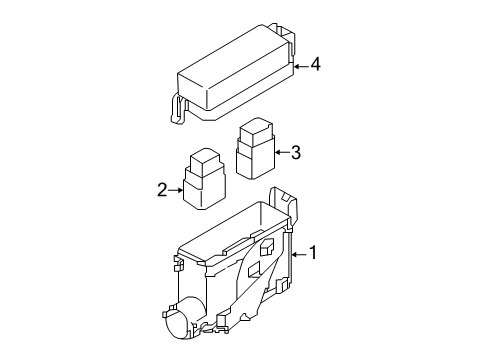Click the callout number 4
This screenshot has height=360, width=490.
point(315,64)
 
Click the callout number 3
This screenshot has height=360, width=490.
point(296,152)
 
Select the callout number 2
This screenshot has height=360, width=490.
point(162,190)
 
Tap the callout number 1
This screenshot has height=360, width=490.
point(313,252)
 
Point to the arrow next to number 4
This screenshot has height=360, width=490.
point(301,66)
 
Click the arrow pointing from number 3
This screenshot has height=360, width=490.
point(282,152)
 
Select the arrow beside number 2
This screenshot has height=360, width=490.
point(175,190)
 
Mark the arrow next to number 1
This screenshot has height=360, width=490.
point(299,255)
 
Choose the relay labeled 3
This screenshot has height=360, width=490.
point(256,148)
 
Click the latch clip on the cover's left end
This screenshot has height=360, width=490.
point(178,109)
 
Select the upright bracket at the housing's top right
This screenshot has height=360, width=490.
point(283,204)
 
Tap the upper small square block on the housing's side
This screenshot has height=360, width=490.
point(267,247)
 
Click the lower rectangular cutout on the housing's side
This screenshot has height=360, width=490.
point(254,270)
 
